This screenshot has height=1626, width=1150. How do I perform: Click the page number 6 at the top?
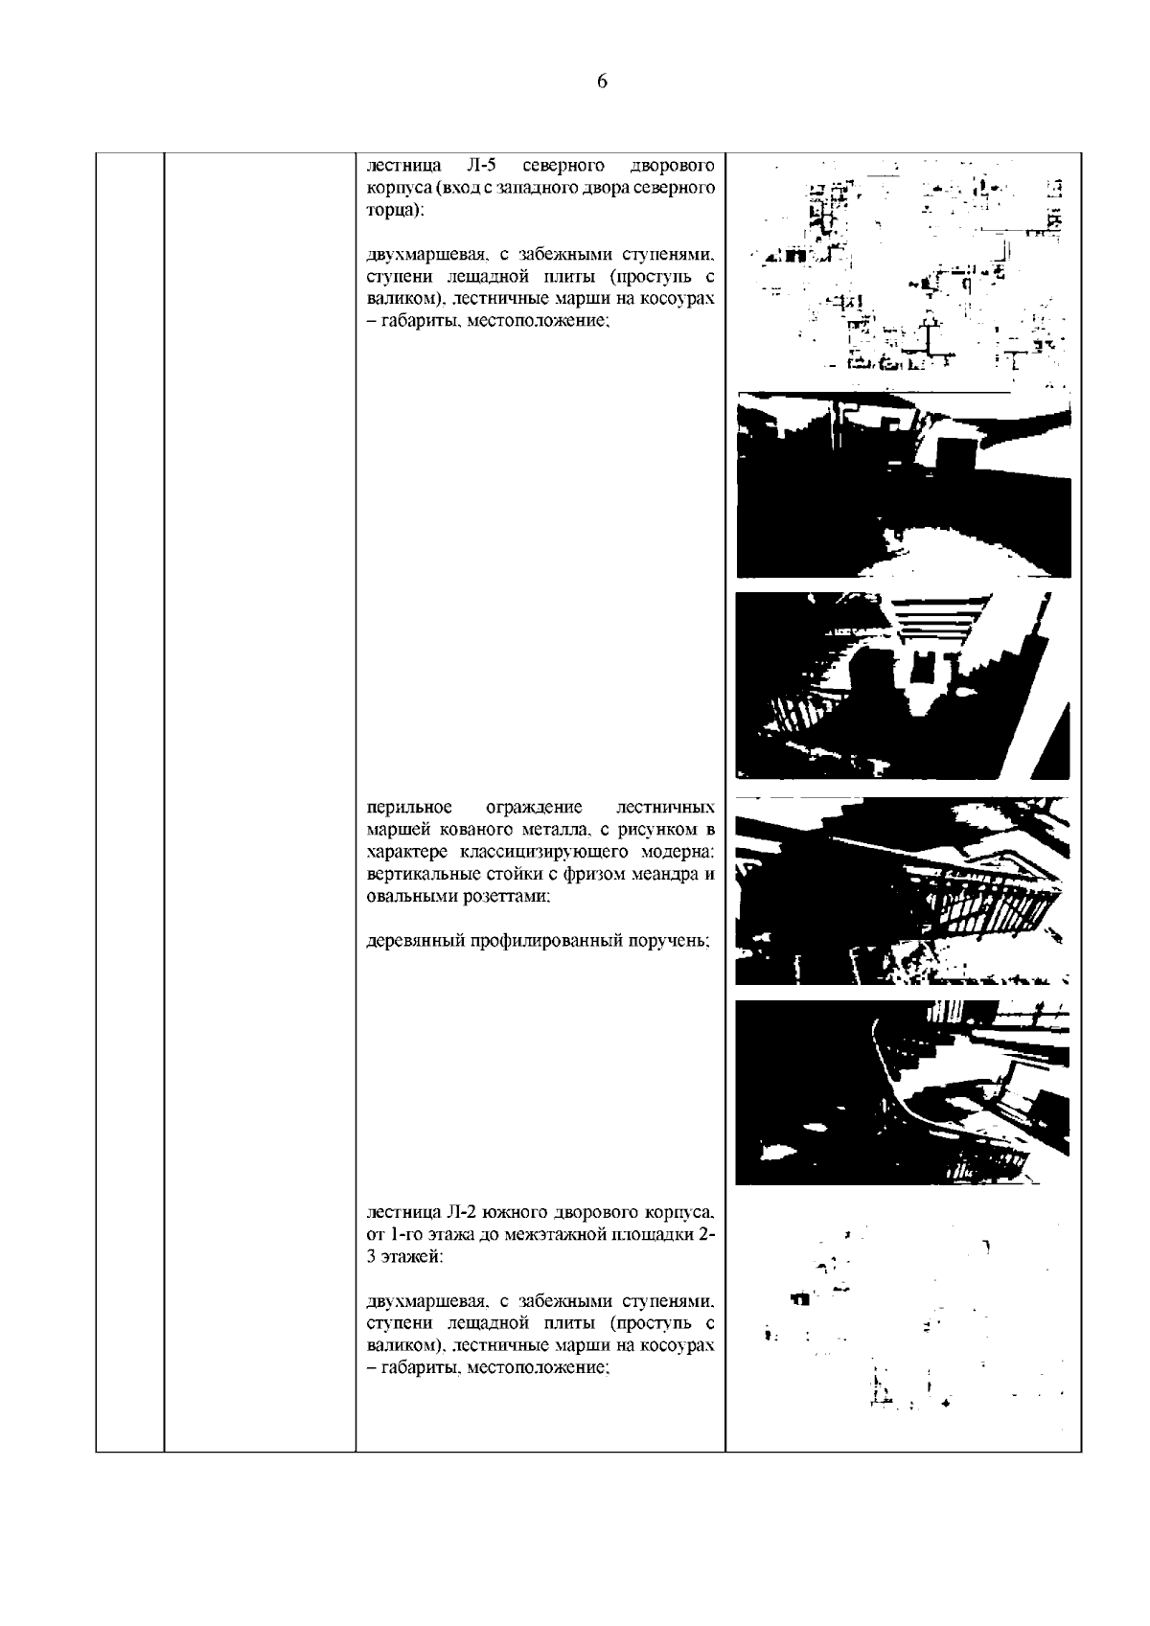[x=602, y=82]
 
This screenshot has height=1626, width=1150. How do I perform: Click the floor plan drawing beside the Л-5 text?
[x=904, y=270]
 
